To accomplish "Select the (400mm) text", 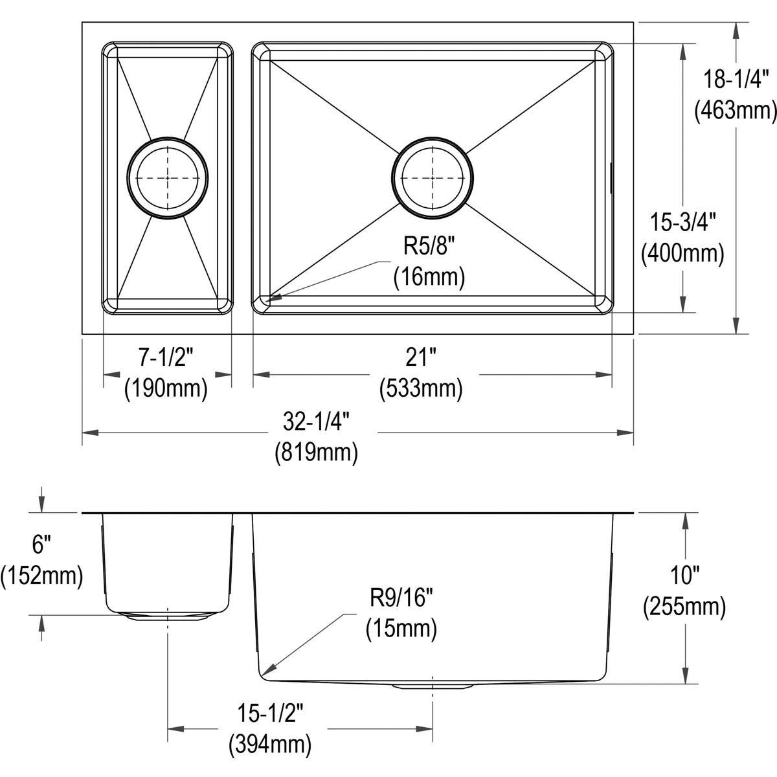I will [x=682, y=253].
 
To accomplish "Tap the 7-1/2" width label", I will [x=166, y=355].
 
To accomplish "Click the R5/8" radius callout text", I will [x=429, y=247].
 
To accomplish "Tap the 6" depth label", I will [x=40, y=545].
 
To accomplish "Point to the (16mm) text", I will [x=429, y=277].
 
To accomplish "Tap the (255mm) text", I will [x=684, y=607].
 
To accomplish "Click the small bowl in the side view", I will [x=167, y=560].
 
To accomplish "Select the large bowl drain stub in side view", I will [x=433, y=685].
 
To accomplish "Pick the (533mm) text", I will [x=421, y=388].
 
